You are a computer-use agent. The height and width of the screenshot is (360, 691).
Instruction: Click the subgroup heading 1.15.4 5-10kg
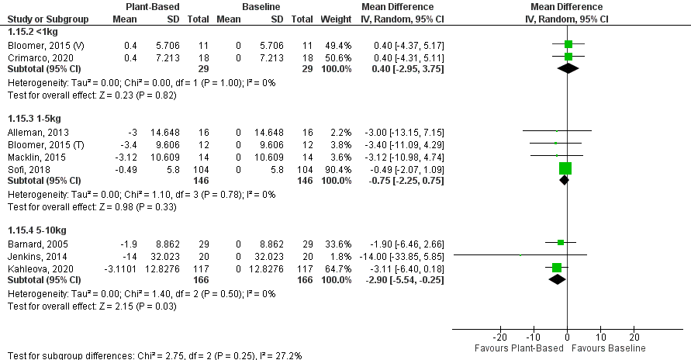pos(34,230)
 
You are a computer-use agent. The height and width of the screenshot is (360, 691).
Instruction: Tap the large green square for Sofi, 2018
pos(565,168)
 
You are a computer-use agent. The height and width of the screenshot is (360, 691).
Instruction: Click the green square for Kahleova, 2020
pos(557,268)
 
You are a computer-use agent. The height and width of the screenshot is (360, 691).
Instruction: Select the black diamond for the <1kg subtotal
pos(568,68)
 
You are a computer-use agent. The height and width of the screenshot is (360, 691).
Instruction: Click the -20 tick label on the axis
pos(500,337)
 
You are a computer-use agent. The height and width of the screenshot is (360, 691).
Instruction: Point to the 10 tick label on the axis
pos(600,337)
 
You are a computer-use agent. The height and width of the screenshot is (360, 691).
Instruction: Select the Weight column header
pos(338,18)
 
